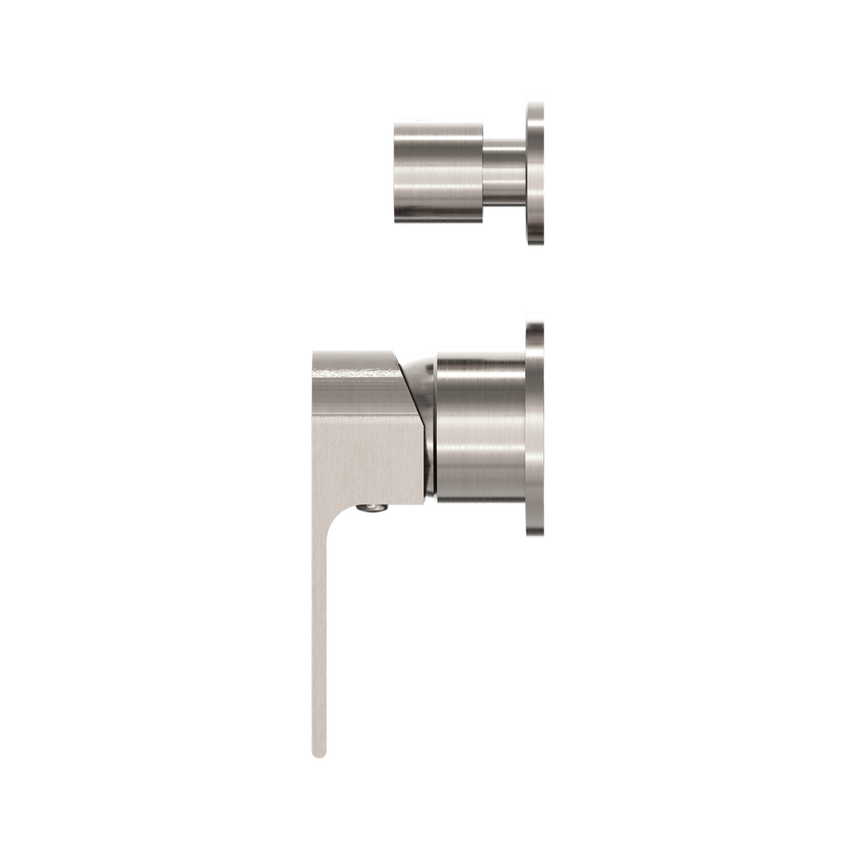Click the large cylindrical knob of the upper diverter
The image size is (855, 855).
pyautogui.click(x=438, y=171)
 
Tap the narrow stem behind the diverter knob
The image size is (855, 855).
pyautogui.click(x=504, y=171)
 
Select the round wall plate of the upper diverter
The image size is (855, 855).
pyautogui.click(x=535, y=171)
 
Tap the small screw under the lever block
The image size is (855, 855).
pyautogui.click(x=370, y=510)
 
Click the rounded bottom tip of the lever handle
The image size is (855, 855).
pyautogui.click(x=319, y=752)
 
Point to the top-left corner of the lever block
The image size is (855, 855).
pyautogui.click(x=313, y=349)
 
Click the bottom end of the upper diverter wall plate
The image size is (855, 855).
pyautogui.click(x=535, y=246)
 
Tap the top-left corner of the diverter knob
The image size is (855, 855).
pyautogui.click(x=394, y=120)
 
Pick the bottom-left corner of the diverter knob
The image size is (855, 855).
pyautogui.click(x=394, y=224)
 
